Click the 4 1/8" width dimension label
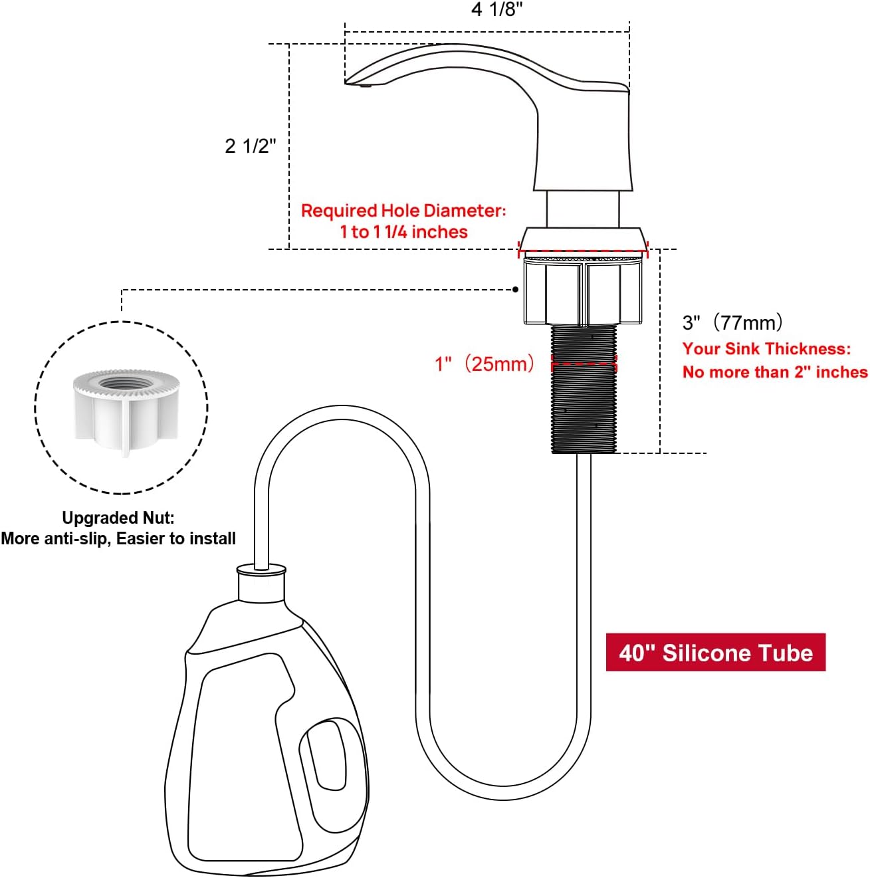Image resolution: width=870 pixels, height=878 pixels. click(496, 9)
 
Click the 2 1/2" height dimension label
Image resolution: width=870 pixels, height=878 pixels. click(250, 146)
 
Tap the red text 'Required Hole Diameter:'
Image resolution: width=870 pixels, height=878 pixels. click(403, 211)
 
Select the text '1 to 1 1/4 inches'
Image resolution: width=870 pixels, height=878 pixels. click(403, 232)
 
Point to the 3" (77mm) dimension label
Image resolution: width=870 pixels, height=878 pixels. click(733, 323)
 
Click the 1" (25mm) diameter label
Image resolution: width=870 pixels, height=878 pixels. click(485, 364)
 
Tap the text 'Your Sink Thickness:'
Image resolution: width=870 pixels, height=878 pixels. click(766, 349)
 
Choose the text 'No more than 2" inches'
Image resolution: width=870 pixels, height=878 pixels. click(774, 372)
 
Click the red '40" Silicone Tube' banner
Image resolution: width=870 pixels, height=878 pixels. click(715, 653)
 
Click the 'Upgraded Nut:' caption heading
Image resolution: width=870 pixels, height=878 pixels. click(118, 518)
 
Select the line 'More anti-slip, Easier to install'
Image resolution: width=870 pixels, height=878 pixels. click(118, 538)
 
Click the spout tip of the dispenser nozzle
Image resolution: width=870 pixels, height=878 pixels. click(364, 84)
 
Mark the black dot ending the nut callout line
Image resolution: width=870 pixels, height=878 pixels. click(516, 290)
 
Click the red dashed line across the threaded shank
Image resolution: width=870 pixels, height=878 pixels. click(584, 364)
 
